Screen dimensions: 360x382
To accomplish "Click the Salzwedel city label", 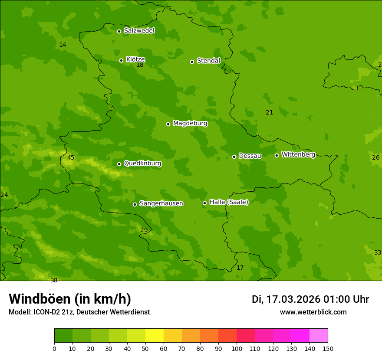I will coord(139,31).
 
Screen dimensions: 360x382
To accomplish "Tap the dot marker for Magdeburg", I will coord(168,124).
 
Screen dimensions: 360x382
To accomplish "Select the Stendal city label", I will coord(208,61).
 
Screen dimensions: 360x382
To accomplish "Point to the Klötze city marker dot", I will coord(121,60).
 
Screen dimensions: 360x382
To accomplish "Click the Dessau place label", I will coord(250,156).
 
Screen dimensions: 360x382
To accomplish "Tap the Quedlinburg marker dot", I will coord(119,164).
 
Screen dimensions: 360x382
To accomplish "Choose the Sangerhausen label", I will coord(161,203).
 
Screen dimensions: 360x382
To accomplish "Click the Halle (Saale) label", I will coord(229,202).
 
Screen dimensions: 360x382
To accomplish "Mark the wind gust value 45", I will coord(71,158).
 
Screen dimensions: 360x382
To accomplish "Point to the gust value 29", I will coord(144,230).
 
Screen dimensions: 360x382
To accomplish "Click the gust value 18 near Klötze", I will coord(140,65).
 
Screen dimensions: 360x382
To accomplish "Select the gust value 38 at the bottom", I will coord(54,280).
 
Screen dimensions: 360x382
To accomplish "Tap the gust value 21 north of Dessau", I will coord(269,113).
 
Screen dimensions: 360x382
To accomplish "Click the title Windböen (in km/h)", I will coord(70,299).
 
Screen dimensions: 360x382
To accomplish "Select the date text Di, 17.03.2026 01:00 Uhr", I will coord(310,299).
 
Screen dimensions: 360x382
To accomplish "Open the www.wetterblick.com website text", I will coord(313,312).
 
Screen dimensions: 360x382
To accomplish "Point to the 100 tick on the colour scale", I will coord(237,348).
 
